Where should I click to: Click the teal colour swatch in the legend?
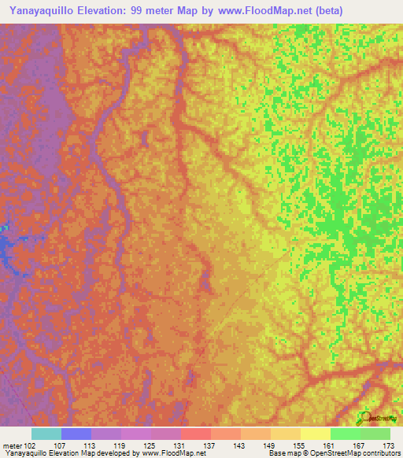click(x=46, y=434)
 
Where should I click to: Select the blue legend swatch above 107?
click(x=76, y=434)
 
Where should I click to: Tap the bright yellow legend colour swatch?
click(x=316, y=434)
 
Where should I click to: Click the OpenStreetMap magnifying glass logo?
click(x=364, y=417)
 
